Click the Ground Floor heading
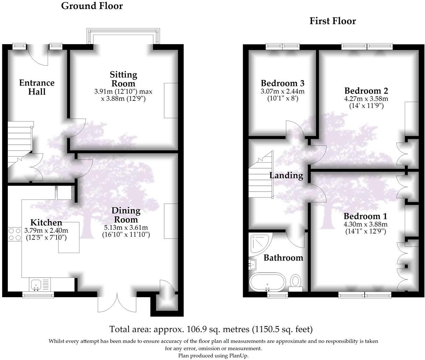[x=92, y=6]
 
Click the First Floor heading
[x=332, y=21]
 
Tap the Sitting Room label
[x=123, y=79]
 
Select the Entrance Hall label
[x=37, y=87]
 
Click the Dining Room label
[x=126, y=215]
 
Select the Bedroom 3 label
[x=282, y=83]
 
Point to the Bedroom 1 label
[x=365, y=216]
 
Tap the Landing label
[x=286, y=176]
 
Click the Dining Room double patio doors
[x=117, y=301]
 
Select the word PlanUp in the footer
[x=238, y=356]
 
